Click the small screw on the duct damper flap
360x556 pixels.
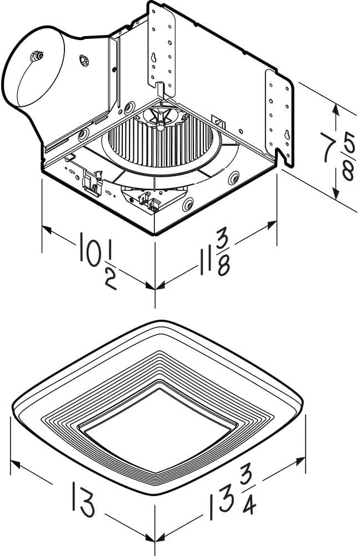(38, 56)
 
